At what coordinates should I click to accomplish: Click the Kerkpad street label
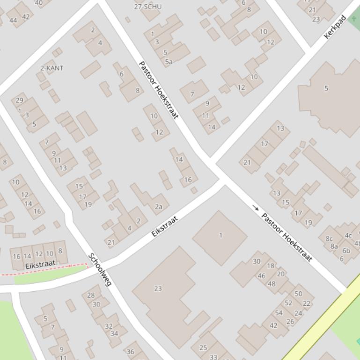coord(335,27)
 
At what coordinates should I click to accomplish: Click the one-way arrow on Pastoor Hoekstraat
coord(256,207)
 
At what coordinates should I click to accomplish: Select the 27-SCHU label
coord(147,7)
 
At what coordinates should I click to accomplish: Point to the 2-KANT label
coord(52,68)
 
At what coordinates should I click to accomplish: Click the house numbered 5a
coord(169,61)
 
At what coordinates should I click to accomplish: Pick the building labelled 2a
coord(159,207)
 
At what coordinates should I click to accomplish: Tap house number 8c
coord(329,238)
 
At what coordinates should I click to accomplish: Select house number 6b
coord(346,251)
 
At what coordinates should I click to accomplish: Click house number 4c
coord(348,235)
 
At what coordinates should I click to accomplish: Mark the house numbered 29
coord(19,100)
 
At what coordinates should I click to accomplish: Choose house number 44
coord(13,20)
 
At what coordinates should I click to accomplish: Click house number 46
coord(261,276)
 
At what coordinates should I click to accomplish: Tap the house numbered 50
coord(298,294)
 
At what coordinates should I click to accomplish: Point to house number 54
coord(279,313)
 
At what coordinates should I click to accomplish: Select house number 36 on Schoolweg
coord(130,352)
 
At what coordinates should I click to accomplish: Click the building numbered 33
coord(213,357)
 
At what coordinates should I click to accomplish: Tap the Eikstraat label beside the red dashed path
coord(41,265)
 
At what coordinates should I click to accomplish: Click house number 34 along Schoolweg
coord(114,333)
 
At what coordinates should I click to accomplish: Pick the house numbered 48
coord(272,283)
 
